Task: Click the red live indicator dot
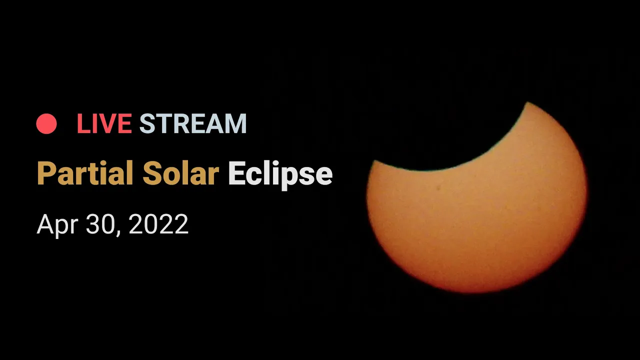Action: [x=46, y=123]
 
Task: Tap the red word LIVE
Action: [x=104, y=123]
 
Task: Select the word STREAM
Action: [x=193, y=123]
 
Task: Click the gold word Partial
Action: [x=85, y=173]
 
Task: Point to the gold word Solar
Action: [x=181, y=173]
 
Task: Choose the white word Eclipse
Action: [x=280, y=175]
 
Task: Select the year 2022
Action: [x=158, y=224]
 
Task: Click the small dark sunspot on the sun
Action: [x=438, y=188]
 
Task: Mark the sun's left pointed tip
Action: [x=373, y=161]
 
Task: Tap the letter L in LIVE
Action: [x=83, y=123]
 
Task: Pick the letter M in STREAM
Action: [x=235, y=123]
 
